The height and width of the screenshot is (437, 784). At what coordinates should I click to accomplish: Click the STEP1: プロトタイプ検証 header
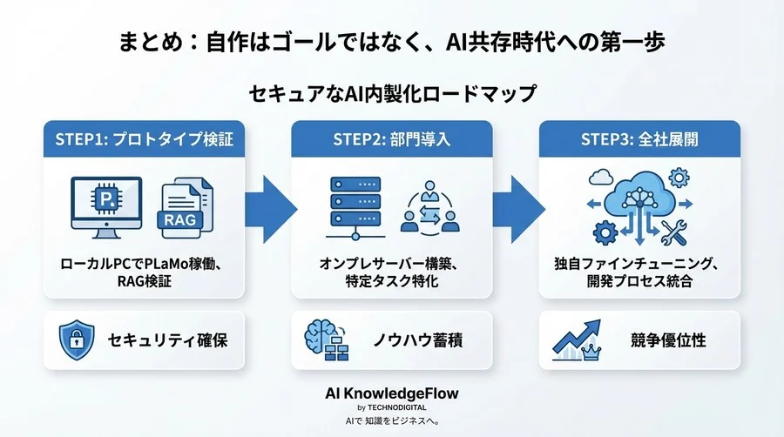pyautogui.click(x=144, y=138)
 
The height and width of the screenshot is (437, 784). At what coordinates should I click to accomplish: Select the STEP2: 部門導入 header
pyautogui.click(x=391, y=138)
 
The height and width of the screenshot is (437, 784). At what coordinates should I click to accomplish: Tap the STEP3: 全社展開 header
pyautogui.click(x=639, y=138)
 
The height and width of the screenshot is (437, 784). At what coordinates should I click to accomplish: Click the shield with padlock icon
pyautogui.click(x=77, y=340)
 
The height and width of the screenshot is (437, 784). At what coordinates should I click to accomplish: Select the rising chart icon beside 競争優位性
pyautogui.click(x=575, y=341)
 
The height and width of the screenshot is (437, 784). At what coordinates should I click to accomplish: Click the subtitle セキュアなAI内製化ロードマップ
pyautogui.click(x=391, y=91)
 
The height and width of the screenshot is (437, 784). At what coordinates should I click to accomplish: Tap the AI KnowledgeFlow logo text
pyautogui.click(x=391, y=393)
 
